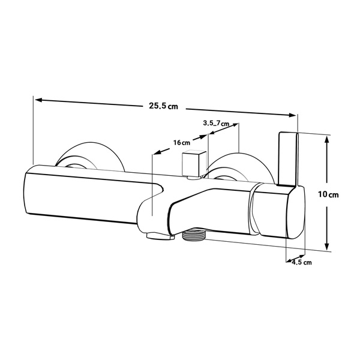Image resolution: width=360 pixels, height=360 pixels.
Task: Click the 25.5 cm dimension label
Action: pos(163,106)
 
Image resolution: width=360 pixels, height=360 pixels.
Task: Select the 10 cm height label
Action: pos(328,194)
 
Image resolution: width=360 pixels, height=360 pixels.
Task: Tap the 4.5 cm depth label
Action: pos(302,262)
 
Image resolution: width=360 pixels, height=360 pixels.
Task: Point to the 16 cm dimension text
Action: pos(182,143)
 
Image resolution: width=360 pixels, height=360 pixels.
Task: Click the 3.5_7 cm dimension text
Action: pos(216,123)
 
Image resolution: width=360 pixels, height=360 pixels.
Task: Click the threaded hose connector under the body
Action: pos(194,236)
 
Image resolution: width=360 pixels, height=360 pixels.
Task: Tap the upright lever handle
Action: pos(288,158)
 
